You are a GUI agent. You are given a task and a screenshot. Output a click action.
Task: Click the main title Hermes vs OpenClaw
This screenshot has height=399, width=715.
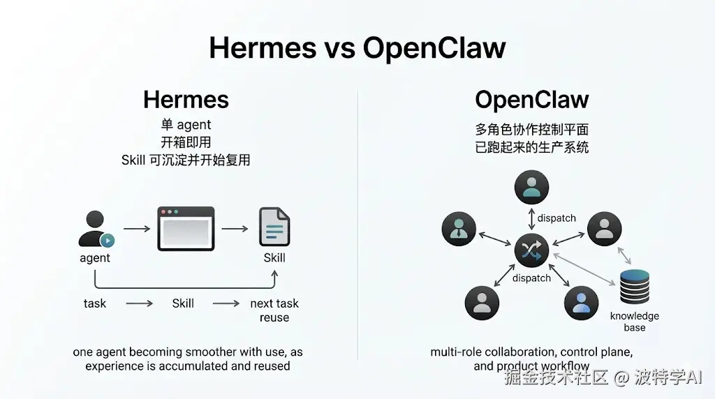[x=357, y=47]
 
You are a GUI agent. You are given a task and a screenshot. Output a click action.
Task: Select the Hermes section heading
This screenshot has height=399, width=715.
[x=186, y=99]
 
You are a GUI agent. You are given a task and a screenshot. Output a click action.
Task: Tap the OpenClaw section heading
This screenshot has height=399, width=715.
[x=531, y=99]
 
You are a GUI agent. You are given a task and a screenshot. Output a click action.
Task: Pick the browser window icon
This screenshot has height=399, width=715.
[x=186, y=228]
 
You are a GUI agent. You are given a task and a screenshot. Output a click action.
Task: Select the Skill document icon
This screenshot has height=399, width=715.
[x=274, y=227]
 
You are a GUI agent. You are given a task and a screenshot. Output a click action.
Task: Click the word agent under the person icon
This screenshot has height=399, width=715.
[x=95, y=257]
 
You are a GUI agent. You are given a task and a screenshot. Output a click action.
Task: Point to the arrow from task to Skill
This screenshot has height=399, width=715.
[x=139, y=303]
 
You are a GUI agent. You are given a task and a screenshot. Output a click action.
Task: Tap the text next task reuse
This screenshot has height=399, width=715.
[x=274, y=310]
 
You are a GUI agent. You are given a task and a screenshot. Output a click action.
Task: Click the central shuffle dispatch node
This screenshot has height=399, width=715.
[x=531, y=251]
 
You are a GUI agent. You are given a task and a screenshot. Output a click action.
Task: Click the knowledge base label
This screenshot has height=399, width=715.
[x=634, y=322]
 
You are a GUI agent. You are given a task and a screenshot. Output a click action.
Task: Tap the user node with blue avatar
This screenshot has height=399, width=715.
[x=581, y=302]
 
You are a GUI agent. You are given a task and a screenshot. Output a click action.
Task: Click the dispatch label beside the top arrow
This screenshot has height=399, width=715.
[x=556, y=218]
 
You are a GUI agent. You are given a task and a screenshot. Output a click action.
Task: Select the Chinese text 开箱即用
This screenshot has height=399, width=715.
[x=186, y=142]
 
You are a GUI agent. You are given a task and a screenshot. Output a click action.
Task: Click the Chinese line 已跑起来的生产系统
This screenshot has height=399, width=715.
[x=531, y=147]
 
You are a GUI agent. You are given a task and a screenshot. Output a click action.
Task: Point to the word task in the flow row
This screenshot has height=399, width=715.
[x=95, y=303]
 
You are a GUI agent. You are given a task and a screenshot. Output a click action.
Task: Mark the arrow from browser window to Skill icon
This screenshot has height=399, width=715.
[x=235, y=229]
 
